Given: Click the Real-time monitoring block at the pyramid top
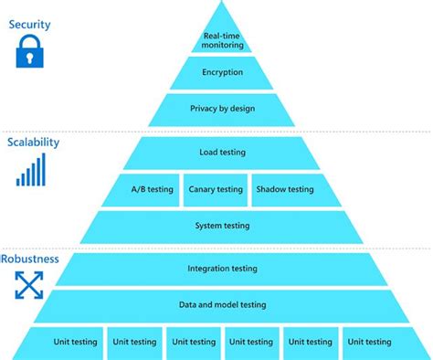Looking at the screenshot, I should point(222,39).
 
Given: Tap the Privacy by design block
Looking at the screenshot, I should point(222,109).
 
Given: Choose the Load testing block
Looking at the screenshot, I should point(222,153).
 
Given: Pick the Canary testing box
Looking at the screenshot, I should point(216,189).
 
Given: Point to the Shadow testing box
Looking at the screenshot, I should point(284,189).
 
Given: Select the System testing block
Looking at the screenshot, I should point(222,226).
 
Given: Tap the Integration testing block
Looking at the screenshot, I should point(222,269).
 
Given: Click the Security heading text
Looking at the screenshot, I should point(29,24).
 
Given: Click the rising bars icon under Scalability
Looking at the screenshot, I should point(30,171).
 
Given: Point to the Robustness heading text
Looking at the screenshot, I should point(30,259).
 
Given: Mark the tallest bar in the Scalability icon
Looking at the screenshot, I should point(42,169).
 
